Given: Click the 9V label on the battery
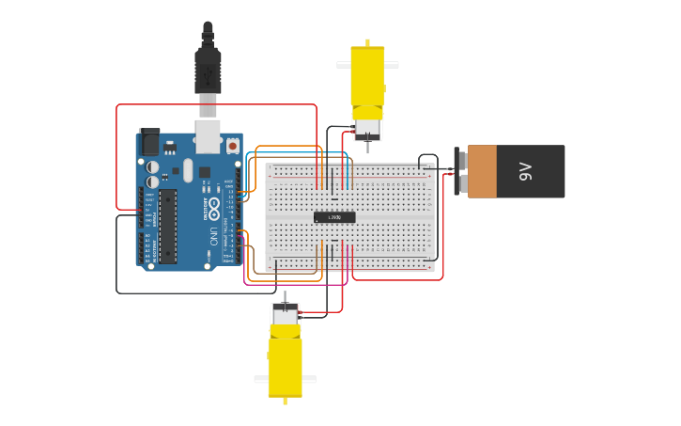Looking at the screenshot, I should coord(525,171).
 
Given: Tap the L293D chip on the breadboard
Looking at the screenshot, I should coord(334,217).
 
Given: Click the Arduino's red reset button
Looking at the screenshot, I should coord(232,146).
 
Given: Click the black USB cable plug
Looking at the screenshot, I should coord(208,71).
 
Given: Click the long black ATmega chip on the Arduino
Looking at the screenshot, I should coord(167,226).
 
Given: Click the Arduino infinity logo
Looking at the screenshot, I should coord(214,205).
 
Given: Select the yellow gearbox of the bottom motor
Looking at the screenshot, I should coord(285,367).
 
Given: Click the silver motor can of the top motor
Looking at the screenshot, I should coord(367,126).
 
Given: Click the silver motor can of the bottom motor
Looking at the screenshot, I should coord(285,316).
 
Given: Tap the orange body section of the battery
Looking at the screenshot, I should coord(482,171).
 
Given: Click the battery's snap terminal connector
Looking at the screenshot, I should coord(460,171).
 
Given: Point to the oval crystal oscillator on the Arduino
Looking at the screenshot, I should coord(188,170).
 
